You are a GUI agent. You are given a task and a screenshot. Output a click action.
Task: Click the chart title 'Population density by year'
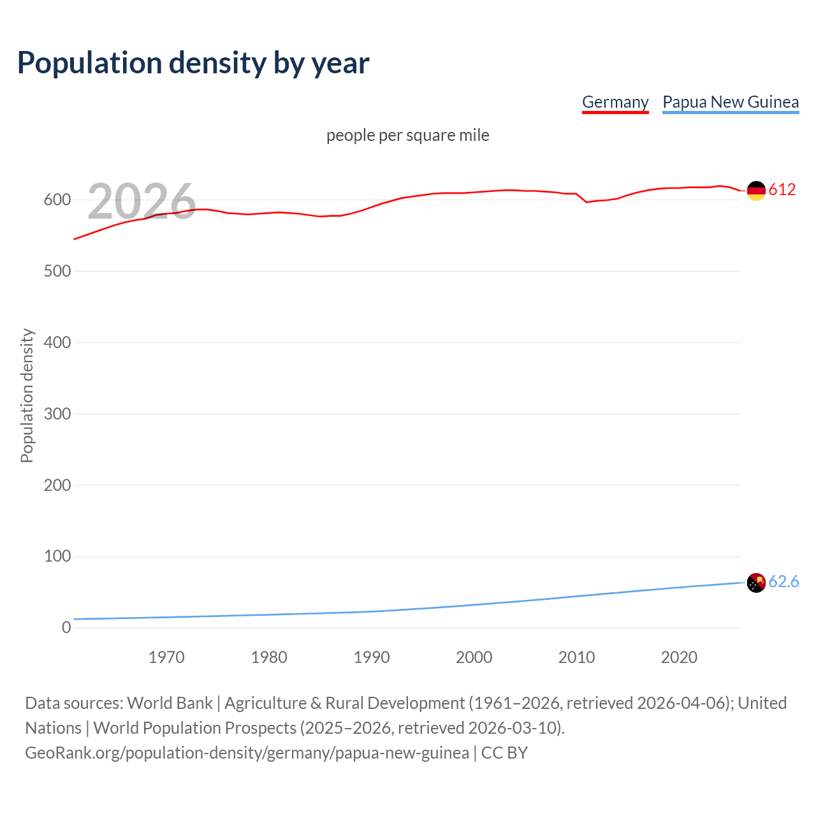pyautogui.click(x=193, y=62)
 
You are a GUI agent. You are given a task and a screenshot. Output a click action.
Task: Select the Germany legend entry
pyautogui.click(x=615, y=102)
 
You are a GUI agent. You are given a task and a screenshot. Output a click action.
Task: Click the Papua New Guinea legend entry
pyautogui.click(x=731, y=102)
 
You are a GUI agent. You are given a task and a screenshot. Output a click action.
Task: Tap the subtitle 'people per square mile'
pyautogui.click(x=408, y=135)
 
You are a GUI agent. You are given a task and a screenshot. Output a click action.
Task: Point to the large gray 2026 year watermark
pyautogui.click(x=142, y=201)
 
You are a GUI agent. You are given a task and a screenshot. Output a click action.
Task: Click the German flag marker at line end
pyautogui.click(x=756, y=191)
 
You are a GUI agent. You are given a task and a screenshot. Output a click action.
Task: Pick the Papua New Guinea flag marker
pyautogui.click(x=756, y=582)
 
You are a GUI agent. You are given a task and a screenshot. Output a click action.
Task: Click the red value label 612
pyautogui.click(x=782, y=189)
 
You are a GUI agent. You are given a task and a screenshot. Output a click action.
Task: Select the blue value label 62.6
pyautogui.click(x=783, y=581)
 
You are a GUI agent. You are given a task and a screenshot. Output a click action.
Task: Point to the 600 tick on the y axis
pyautogui.click(x=57, y=200)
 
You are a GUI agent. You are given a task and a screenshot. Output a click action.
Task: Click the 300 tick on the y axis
pyautogui.click(x=57, y=414)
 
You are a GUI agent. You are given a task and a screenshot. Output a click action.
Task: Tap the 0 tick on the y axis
pyautogui.click(x=66, y=627)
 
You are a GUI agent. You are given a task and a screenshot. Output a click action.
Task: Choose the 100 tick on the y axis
pyautogui.click(x=57, y=557)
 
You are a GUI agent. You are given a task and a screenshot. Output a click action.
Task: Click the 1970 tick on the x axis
pyautogui.click(x=166, y=657)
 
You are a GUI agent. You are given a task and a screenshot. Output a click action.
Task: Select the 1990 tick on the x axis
pyautogui.click(x=372, y=657)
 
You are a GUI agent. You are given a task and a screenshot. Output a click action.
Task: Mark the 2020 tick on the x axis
pyautogui.click(x=679, y=657)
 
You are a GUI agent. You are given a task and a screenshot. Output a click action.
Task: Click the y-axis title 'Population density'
pyautogui.click(x=27, y=395)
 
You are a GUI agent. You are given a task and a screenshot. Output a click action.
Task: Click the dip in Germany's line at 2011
pyautogui.click(x=586, y=202)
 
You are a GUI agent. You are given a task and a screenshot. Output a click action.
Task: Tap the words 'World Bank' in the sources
pyautogui.click(x=170, y=703)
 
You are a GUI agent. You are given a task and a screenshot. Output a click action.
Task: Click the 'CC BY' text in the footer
pyautogui.click(x=504, y=753)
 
